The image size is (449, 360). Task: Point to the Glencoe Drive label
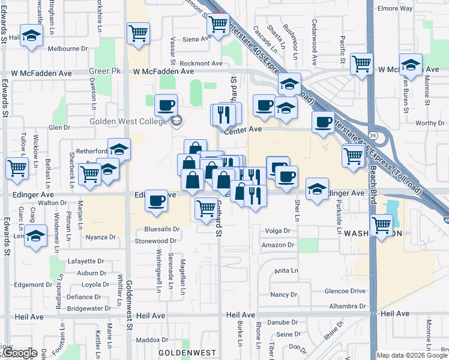345,291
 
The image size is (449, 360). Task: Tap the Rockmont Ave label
200,63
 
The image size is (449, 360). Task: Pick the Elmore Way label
394,9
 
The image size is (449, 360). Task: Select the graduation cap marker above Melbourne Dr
31,35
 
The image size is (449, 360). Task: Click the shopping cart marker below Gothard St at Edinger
206,208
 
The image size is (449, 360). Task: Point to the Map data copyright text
412,355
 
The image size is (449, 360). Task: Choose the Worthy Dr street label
429,123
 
